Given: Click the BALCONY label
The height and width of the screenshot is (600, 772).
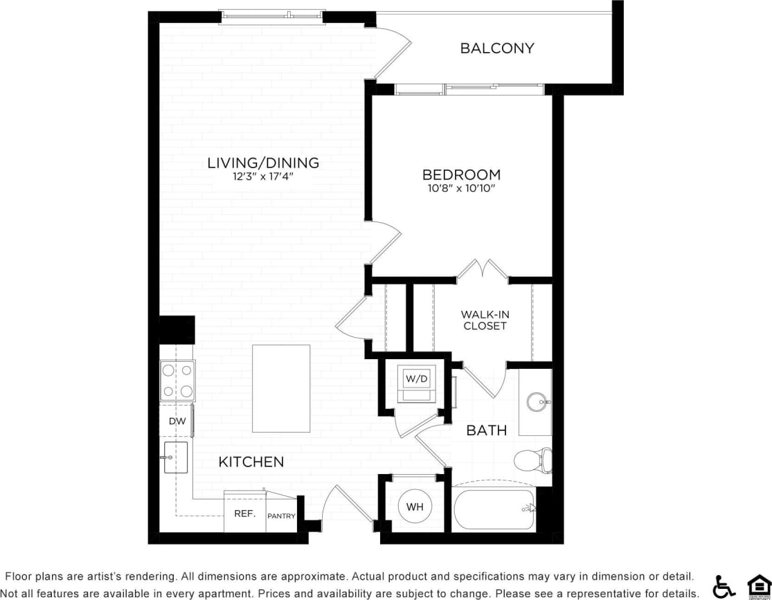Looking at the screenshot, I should point(497,48).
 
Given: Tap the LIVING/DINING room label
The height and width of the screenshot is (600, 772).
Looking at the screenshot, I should point(263,163).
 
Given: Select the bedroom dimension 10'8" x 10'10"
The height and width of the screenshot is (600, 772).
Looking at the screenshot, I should point(462,188).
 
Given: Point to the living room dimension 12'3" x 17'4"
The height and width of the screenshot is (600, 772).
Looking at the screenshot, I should point(263,176).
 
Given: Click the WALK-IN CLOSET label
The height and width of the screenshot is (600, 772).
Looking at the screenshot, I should point(485,320).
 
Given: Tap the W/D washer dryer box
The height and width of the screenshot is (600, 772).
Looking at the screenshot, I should point(418,379).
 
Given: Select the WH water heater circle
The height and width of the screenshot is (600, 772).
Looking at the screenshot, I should point(415,507).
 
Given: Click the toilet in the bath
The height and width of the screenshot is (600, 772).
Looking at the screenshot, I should point(533,460).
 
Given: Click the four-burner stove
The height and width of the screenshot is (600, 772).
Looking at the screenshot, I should point(177,381).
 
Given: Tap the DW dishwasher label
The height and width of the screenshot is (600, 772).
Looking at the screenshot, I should point(176,421).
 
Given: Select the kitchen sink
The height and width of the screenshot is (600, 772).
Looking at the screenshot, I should point(175,457).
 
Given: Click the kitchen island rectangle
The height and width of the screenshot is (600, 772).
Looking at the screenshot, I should point(280,388).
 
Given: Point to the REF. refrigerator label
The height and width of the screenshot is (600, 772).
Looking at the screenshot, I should point(244,514).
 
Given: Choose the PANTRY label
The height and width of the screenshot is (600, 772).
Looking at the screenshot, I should point(281,516).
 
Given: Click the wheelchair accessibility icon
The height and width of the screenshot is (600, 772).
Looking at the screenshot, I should point(724,586).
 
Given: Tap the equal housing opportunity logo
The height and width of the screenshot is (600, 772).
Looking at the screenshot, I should point(759,585).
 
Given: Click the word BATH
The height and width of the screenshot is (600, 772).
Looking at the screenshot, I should point(486,430).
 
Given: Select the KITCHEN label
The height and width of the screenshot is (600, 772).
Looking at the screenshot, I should point(251,462).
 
